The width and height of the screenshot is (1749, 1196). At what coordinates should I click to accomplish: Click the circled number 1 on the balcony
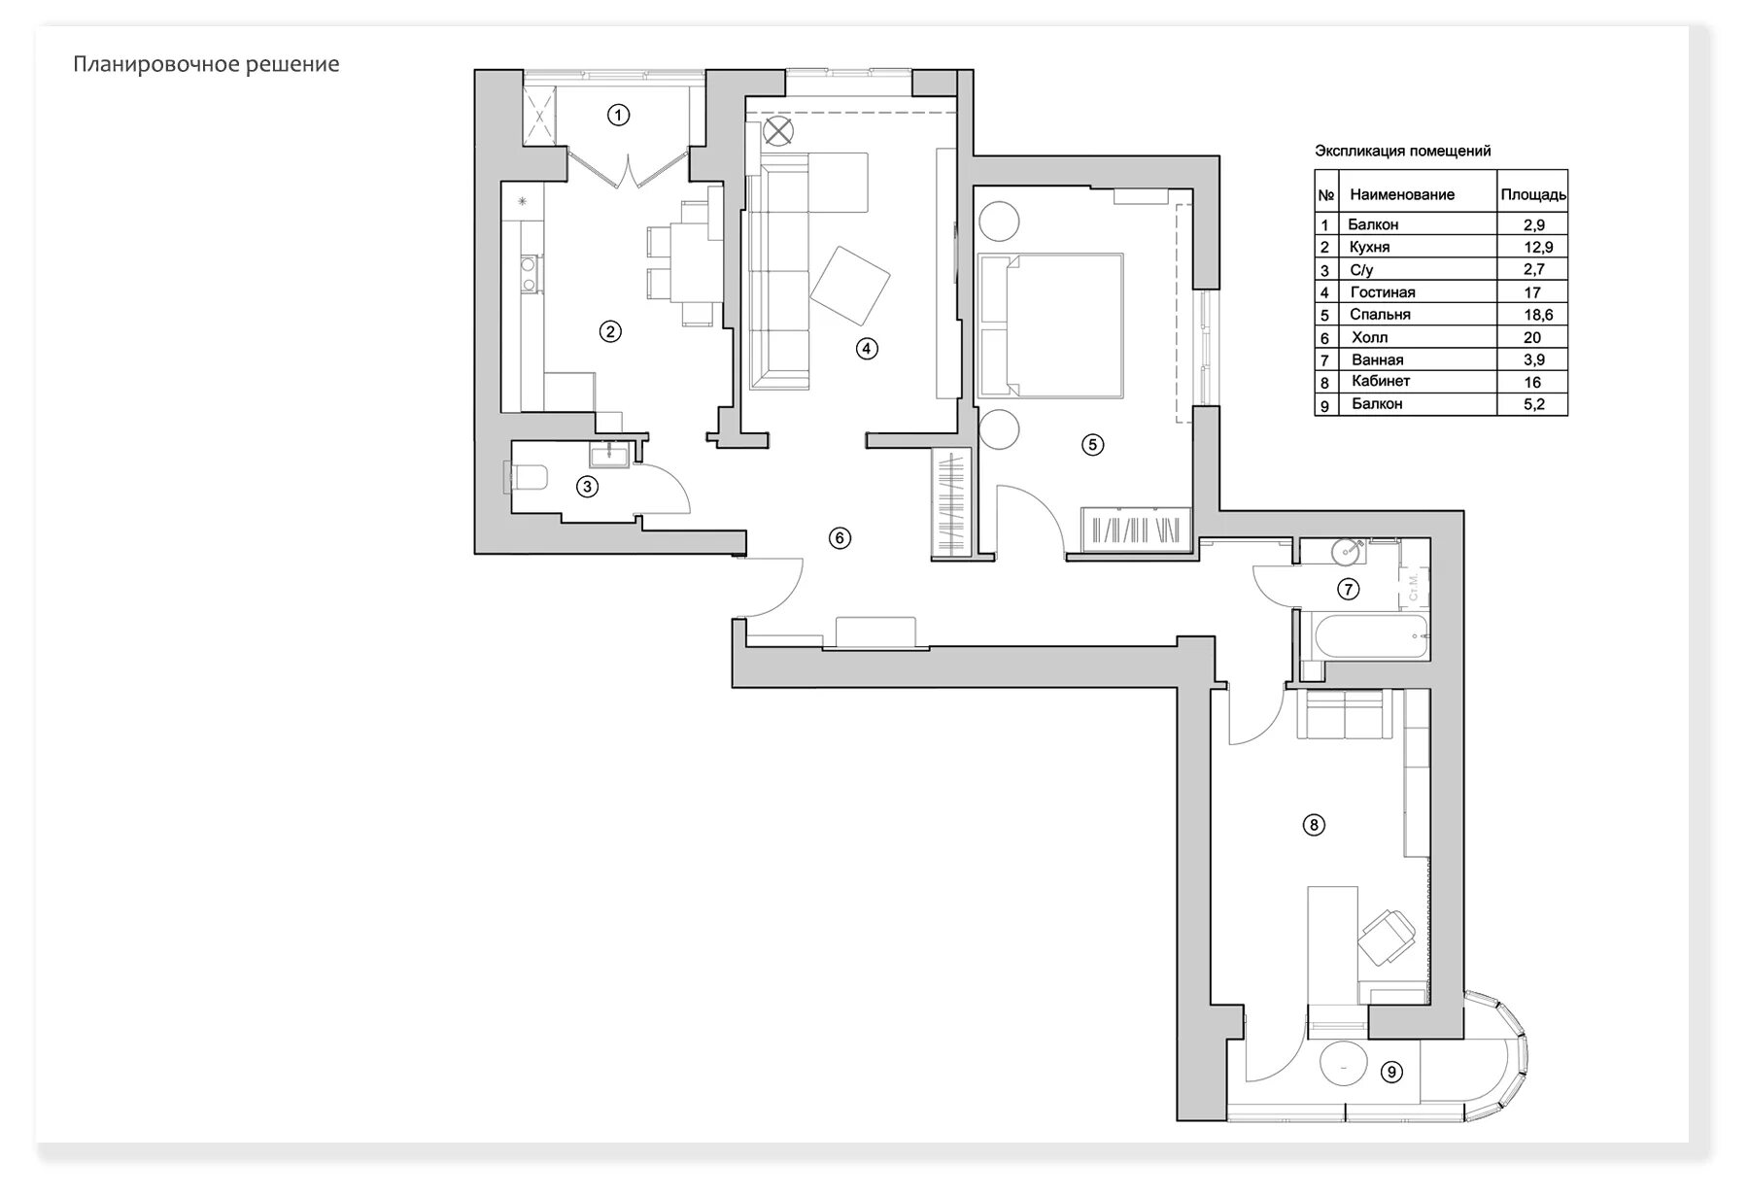(x=618, y=115)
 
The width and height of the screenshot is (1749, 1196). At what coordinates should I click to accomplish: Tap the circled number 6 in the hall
(x=840, y=537)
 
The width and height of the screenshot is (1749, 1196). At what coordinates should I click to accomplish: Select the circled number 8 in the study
(x=1313, y=825)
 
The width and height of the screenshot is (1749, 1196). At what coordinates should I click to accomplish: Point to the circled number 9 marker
(x=1391, y=1072)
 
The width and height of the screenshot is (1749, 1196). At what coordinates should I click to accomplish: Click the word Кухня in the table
(x=1369, y=247)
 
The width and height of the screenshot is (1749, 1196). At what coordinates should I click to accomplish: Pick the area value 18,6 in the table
(x=1533, y=315)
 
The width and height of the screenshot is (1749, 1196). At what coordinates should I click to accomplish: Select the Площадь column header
(x=1532, y=194)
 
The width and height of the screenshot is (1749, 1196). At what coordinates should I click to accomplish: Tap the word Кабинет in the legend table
(x=1380, y=381)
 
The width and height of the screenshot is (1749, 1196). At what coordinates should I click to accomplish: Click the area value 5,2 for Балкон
(x=1533, y=404)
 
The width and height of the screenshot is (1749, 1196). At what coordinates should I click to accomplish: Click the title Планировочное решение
(x=206, y=65)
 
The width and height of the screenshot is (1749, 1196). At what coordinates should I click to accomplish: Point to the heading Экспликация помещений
(x=1402, y=151)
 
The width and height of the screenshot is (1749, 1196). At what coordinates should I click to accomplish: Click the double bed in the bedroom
(x=1050, y=325)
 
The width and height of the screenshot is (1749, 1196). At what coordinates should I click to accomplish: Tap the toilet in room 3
(x=527, y=477)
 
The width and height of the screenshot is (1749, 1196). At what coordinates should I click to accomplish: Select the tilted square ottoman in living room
(x=850, y=287)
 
